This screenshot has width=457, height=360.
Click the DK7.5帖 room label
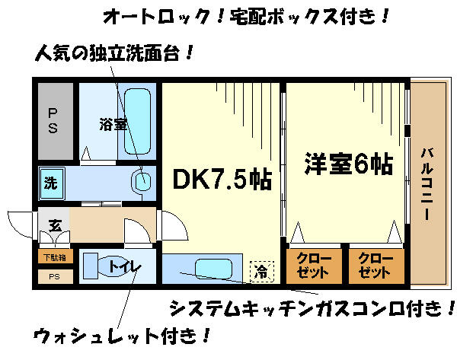[x=222, y=179]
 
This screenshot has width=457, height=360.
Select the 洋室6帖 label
[x=349, y=164]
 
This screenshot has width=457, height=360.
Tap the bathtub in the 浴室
[x=137, y=122]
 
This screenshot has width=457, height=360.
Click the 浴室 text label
[x=113, y=124]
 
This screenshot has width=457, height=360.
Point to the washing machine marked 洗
[x=52, y=183]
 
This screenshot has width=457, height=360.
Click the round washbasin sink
[x=142, y=181]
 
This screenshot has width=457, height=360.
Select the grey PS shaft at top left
[x=56, y=121]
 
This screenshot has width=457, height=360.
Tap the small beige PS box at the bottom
[x=56, y=276]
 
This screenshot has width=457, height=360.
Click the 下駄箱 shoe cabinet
[x=56, y=257]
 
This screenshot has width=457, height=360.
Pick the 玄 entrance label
[x=55, y=225]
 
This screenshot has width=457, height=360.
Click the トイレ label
[x=125, y=266]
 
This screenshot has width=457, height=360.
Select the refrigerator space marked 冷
[x=262, y=272]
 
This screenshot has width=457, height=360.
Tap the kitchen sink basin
[x=213, y=269]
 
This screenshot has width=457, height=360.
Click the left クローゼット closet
[x=314, y=266]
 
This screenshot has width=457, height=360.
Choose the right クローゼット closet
[x=376, y=266]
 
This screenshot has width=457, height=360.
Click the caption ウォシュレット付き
[x=121, y=336]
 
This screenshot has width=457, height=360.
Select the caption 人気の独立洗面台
[x=113, y=53]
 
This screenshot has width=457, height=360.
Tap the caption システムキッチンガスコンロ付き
[x=312, y=309]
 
